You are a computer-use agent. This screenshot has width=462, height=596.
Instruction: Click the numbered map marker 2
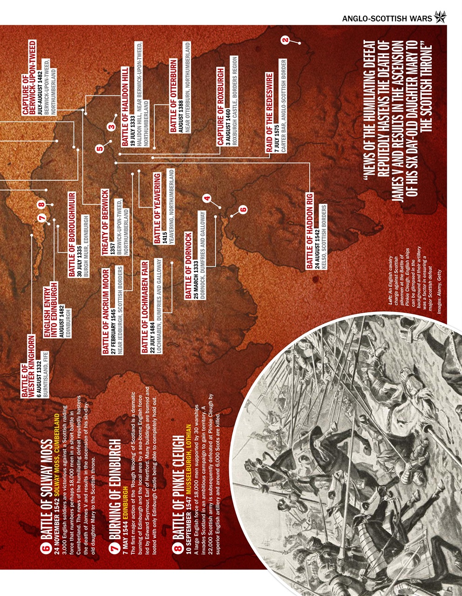click(285, 41)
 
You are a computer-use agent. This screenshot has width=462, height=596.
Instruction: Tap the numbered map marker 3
click(111, 126)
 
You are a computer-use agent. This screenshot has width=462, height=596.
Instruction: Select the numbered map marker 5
click(99, 149)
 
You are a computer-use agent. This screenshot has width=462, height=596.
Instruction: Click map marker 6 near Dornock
click(242, 210)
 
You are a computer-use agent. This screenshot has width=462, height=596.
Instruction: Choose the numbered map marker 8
click(41, 204)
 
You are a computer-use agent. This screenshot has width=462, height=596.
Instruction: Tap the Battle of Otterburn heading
click(173, 96)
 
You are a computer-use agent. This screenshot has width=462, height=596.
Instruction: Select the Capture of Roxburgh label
click(221, 107)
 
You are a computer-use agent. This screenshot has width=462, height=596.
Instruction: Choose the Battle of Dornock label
click(188, 265)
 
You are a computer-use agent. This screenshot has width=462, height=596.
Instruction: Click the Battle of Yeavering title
click(157, 208)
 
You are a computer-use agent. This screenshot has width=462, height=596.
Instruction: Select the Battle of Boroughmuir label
click(72, 234)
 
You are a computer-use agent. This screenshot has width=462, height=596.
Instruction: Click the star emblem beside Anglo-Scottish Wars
click(440, 18)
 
